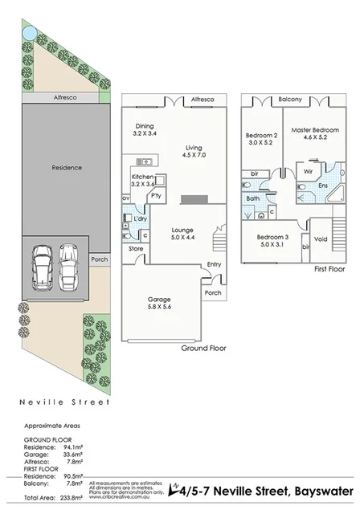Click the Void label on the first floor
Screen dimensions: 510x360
(321, 239)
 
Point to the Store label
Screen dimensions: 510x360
(135, 249)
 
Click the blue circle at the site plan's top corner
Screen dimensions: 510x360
(29, 33)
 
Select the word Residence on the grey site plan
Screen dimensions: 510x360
(67, 168)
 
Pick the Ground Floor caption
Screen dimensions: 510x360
(203, 349)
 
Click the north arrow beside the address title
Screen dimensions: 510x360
(174, 488)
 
